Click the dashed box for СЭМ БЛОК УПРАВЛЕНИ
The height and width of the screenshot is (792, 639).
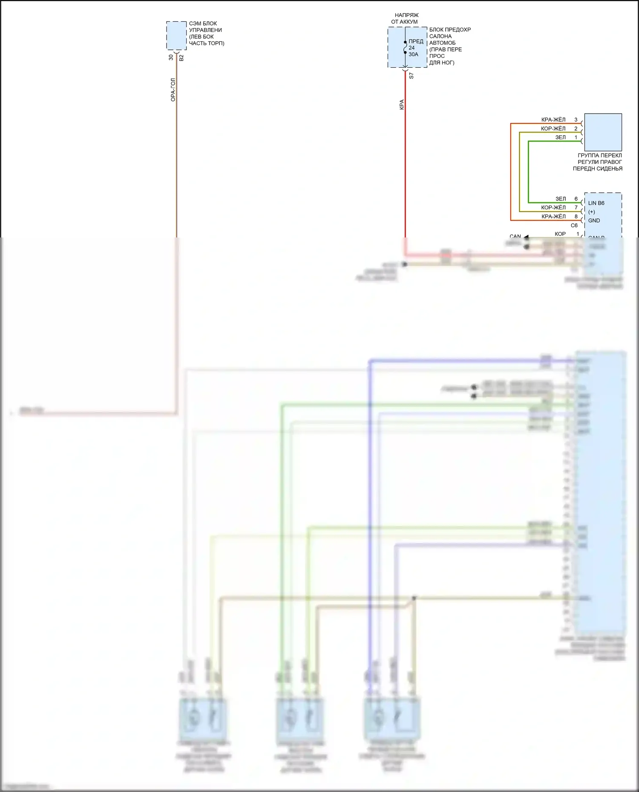[x=176, y=35]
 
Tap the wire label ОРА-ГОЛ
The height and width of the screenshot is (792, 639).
[x=173, y=89]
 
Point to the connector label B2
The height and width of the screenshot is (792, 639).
[x=181, y=57]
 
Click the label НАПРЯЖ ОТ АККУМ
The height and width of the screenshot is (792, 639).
[x=405, y=18]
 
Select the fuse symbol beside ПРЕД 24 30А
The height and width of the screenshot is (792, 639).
[x=405, y=48]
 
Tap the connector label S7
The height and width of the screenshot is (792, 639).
[x=411, y=76]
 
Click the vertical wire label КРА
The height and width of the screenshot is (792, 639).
[x=401, y=105]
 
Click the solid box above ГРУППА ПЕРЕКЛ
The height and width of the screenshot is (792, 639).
[x=603, y=132]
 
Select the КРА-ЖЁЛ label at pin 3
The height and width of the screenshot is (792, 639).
[x=553, y=120]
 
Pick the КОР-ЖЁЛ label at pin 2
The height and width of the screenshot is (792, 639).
[x=553, y=129]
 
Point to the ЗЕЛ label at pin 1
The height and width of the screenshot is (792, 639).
[x=561, y=137]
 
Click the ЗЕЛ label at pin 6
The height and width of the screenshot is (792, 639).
[x=561, y=199]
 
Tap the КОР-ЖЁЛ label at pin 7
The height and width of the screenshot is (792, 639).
[x=553, y=208]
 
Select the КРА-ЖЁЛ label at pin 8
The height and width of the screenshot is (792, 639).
[x=553, y=217]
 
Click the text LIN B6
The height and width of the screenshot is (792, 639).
[x=596, y=203]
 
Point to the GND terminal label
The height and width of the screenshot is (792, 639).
[x=594, y=220]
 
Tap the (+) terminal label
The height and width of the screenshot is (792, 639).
[x=591, y=212]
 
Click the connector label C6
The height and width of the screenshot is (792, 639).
[x=574, y=226]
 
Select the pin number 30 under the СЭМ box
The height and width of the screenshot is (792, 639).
[x=171, y=57]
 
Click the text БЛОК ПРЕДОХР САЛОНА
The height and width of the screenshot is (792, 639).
[x=450, y=33]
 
